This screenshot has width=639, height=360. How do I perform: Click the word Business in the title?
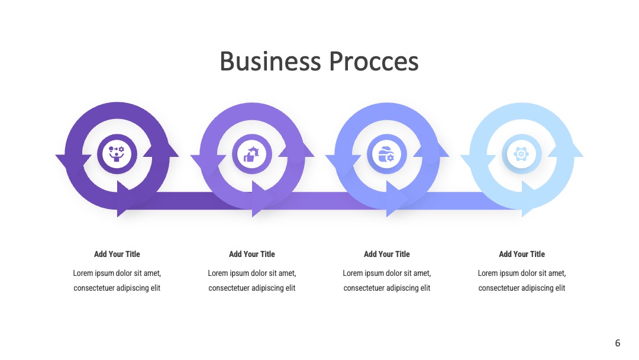point(270,62)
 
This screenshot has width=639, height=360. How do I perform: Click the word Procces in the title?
point(374,62)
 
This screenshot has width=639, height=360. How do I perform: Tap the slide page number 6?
point(617,343)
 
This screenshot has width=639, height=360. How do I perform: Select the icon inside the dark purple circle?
point(117,154)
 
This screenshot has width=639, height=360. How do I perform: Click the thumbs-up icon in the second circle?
point(251,155)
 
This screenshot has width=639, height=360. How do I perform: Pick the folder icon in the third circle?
point(386,155)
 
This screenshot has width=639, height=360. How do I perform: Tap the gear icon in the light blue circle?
point(521,155)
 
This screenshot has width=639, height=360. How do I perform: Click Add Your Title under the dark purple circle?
point(117,254)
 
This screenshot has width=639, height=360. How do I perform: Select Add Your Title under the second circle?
point(252,254)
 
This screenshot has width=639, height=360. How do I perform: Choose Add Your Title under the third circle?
point(387,254)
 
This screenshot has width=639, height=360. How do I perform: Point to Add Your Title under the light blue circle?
point(522,254)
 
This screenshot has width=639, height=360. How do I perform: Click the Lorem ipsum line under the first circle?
point(117,273)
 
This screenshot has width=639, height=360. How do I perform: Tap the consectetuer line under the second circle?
point(252,288)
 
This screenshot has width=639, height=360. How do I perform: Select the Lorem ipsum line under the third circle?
point(387,273)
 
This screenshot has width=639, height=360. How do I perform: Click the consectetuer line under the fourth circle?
point(522,288)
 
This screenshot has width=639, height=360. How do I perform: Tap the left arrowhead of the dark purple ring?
point(73,161)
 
